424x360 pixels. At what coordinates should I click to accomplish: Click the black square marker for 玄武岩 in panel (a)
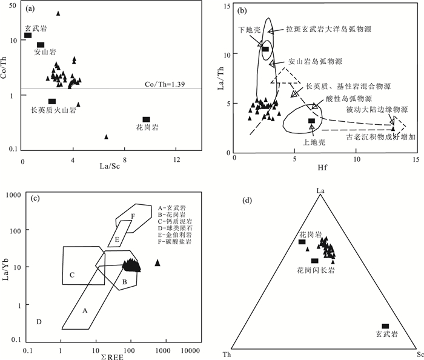[28, 35]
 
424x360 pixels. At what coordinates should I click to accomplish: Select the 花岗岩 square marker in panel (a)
[146, 119]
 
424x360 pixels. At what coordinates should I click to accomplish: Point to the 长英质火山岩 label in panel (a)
[53, 110]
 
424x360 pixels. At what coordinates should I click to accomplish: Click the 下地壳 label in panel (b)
[248, 28]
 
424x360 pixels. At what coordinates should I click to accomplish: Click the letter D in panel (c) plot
[39, 321]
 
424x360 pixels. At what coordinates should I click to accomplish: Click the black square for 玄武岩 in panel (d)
[385, 326]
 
